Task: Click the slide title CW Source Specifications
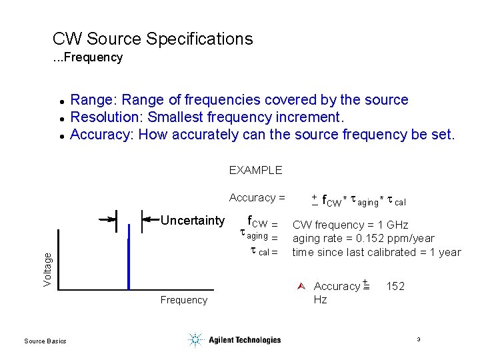[x=153, y=39]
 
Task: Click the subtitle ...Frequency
[x=88, y=57]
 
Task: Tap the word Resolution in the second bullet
[x=106, y=117]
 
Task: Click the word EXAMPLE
[x=255, y=170]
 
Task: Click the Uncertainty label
[x=193, y=221]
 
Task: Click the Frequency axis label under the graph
[x=183, y=300]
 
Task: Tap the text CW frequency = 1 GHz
[x=350, y=225]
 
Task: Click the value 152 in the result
[x=395, y=286]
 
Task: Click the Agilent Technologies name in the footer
[x=245, y=340]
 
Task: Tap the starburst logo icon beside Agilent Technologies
[x=195, y=340]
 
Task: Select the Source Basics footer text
[x=45, y=341]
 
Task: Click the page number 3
[x=418, y=340]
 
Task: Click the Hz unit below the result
[x=320, y=300]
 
